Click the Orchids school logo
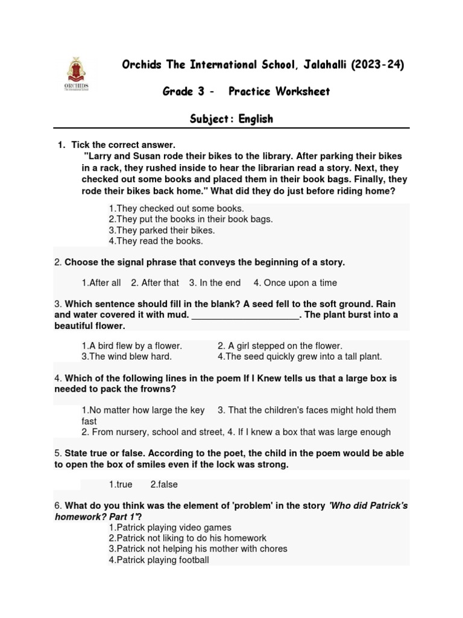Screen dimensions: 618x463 pos(77,75)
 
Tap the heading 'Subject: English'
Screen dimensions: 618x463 pos(231,119)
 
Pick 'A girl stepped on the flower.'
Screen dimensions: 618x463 pos(280,346)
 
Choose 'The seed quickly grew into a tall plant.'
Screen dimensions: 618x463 pos(300,357)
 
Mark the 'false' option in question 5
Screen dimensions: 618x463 pos(164,485)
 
